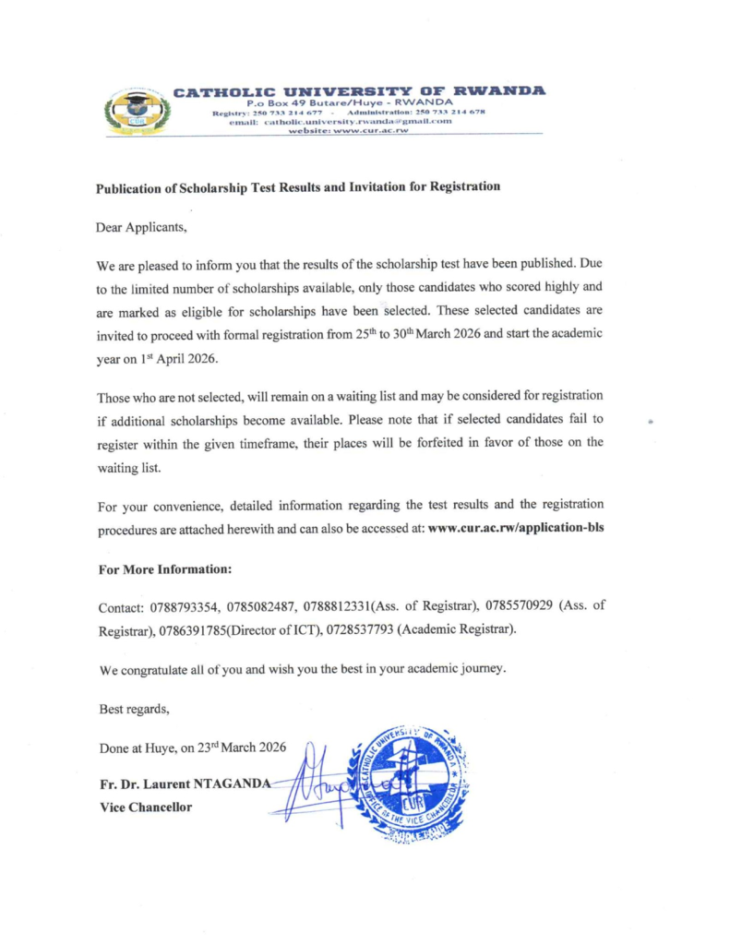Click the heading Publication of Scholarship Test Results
point(298,186)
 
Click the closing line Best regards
point(134,709)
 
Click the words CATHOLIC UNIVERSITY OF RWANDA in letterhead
point(359,90)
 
